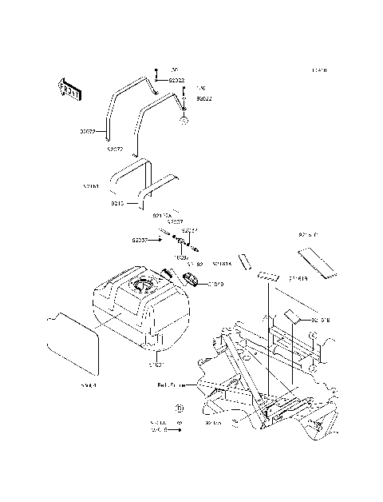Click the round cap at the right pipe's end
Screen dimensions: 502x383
point(184,121)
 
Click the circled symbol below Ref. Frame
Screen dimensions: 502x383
point(180,407)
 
